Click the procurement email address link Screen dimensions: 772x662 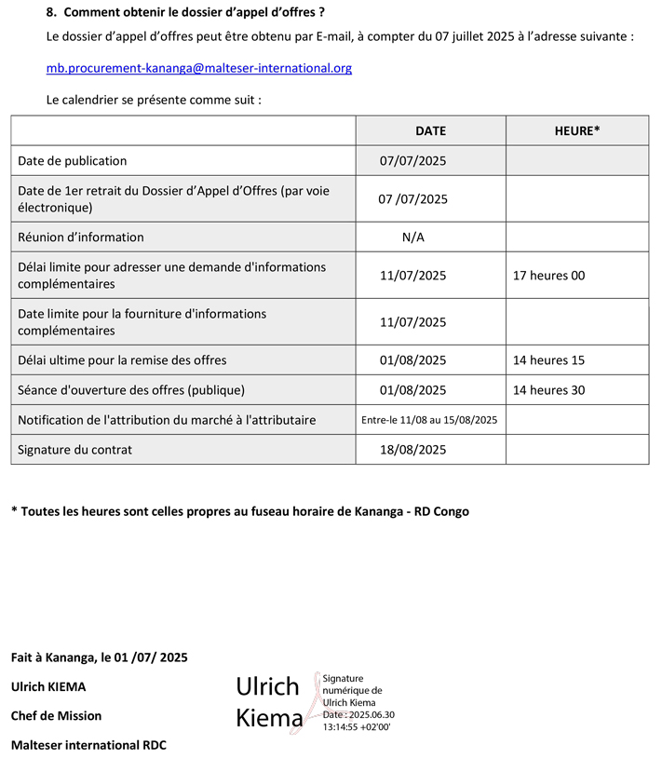[x=198, y=68]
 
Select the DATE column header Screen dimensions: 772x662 [x=430, y=131]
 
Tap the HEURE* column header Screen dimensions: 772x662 [x=576, y=131]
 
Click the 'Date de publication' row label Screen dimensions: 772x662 [x=73, y=161]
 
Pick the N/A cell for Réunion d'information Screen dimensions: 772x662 [x=413, y=237]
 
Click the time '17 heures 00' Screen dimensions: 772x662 [x=549, y=276]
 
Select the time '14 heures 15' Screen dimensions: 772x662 [x=549, y=360]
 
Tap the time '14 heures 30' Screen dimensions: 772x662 [x=549, y=390]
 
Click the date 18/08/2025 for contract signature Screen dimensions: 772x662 [x=413, y=450]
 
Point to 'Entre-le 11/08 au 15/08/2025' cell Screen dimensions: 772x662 [x=429, y=420]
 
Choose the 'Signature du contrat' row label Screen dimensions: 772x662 [x=75, y=450]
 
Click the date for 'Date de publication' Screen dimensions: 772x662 [x=413, y=161]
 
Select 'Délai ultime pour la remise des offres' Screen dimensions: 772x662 [x=122, y=360]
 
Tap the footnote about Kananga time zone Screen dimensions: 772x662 [x=240, y=511]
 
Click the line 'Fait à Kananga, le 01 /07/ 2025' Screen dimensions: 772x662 [x=100, y=657]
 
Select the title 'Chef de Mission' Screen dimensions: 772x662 [x=57, y=716]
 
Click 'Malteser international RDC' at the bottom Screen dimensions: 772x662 [x=88, y=745]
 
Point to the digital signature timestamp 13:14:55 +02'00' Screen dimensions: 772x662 [x=357, y=726]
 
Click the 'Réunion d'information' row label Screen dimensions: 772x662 [x=81, y=237]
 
